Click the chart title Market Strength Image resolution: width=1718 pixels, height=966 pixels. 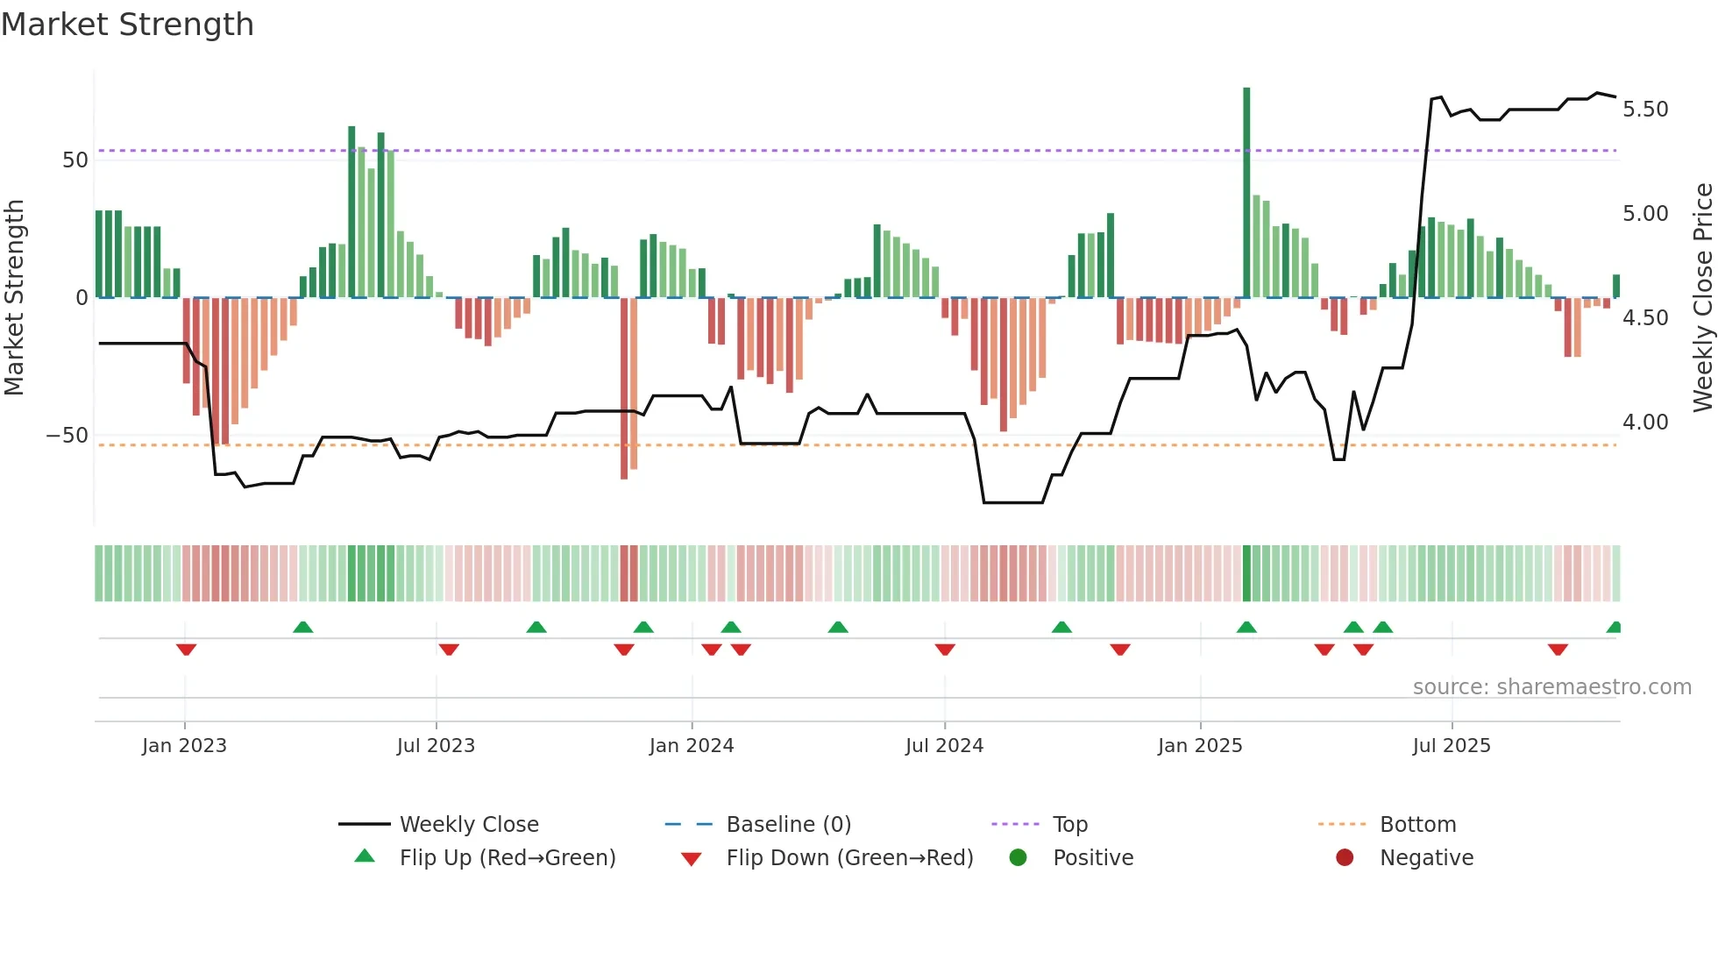click(x=127, y=25)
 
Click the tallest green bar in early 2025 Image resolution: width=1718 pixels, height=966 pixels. click(x=1246, y=193)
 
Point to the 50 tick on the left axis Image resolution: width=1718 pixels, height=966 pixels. click(x=75, y=160)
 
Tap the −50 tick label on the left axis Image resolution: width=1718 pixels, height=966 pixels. click(x=67, y=436)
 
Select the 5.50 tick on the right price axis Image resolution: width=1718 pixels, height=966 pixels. click(x=1645, y=110)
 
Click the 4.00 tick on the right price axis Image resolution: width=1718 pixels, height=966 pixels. click(x=1645, y=423)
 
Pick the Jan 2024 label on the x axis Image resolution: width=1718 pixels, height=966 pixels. click(x=692, y=746)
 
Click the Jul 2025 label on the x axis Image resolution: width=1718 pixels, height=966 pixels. click(x=1452, y=746)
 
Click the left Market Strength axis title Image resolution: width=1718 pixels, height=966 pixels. click(x=15, y=298)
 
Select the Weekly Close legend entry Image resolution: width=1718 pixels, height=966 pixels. click(x=469, y=825)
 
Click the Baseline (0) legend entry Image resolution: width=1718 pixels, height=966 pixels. click(x=788, y=825)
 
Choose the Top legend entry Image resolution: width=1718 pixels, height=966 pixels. click(x=1069, y=825)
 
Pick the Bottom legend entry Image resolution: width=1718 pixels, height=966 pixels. click(x=1417, y=825)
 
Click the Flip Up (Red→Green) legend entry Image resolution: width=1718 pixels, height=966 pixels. click(x=507, y=858)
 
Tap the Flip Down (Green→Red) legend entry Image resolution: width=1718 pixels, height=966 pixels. click(x=849, y=858)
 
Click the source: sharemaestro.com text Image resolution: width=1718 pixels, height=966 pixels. click(x=1551, y=687)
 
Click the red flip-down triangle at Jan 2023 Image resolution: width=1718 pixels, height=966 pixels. click(x=186, y=650)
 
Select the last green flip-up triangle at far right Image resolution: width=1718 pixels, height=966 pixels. click(x=1614, y=628)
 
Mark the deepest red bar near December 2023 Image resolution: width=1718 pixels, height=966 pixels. click(x=624, y=390)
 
